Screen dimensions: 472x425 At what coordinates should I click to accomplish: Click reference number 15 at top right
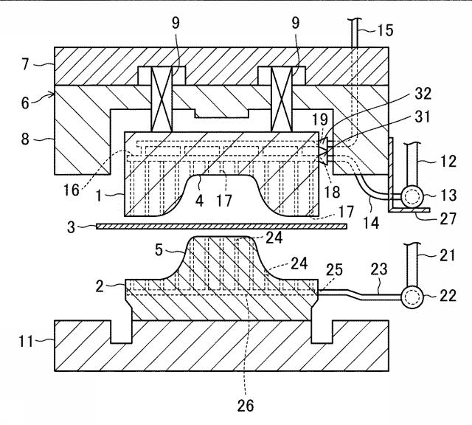coord(385,30)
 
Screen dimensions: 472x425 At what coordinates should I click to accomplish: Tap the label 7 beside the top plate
coord(26,64)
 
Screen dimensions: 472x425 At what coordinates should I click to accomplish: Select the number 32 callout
coord(423,94)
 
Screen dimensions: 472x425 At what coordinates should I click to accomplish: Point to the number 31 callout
coord(422,117)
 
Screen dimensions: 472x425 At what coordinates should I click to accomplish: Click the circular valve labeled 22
coord(412,297)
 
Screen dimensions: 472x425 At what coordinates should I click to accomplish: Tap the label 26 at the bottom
coord(246,406)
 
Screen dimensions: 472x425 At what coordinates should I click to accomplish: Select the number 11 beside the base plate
coord(26,342)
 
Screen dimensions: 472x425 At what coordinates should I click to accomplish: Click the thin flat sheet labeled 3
coord(221,227)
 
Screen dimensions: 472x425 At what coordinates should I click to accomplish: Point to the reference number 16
coord(72,190)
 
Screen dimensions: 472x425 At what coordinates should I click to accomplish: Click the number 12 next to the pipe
coord(448,161)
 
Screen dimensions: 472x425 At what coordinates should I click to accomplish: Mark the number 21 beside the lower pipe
coord(448,255)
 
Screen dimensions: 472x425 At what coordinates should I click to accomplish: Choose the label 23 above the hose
coord(378,269)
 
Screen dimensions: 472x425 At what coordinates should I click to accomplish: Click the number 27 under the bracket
coord(448,218)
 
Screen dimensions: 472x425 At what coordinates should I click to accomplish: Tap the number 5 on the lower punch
coord(159,249)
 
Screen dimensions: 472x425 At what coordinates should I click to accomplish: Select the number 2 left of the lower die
coord(100,286)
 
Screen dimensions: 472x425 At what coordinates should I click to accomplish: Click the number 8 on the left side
coord(25,139)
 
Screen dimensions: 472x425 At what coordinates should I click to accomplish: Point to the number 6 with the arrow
coord(25,103)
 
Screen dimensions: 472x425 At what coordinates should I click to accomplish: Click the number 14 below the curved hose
coord(371,223)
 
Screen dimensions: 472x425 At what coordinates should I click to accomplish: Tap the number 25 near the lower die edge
coord(334,270)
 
